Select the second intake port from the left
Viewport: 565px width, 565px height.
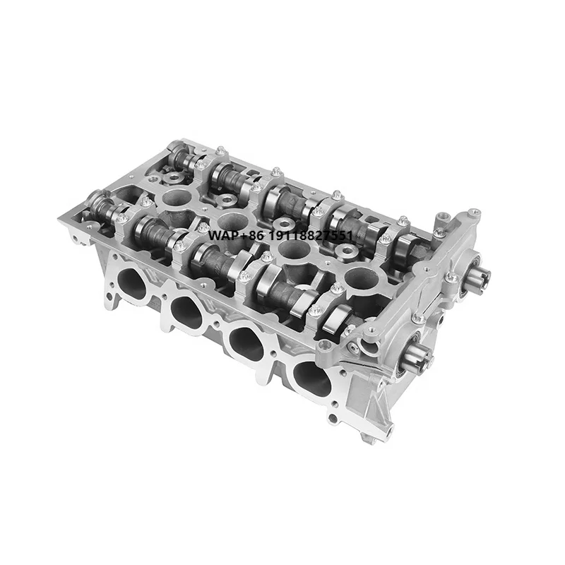(x=187, y=311)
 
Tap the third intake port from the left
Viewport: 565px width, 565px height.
(x=246, y=343)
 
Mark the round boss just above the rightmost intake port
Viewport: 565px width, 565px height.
(x=325, y=345)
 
